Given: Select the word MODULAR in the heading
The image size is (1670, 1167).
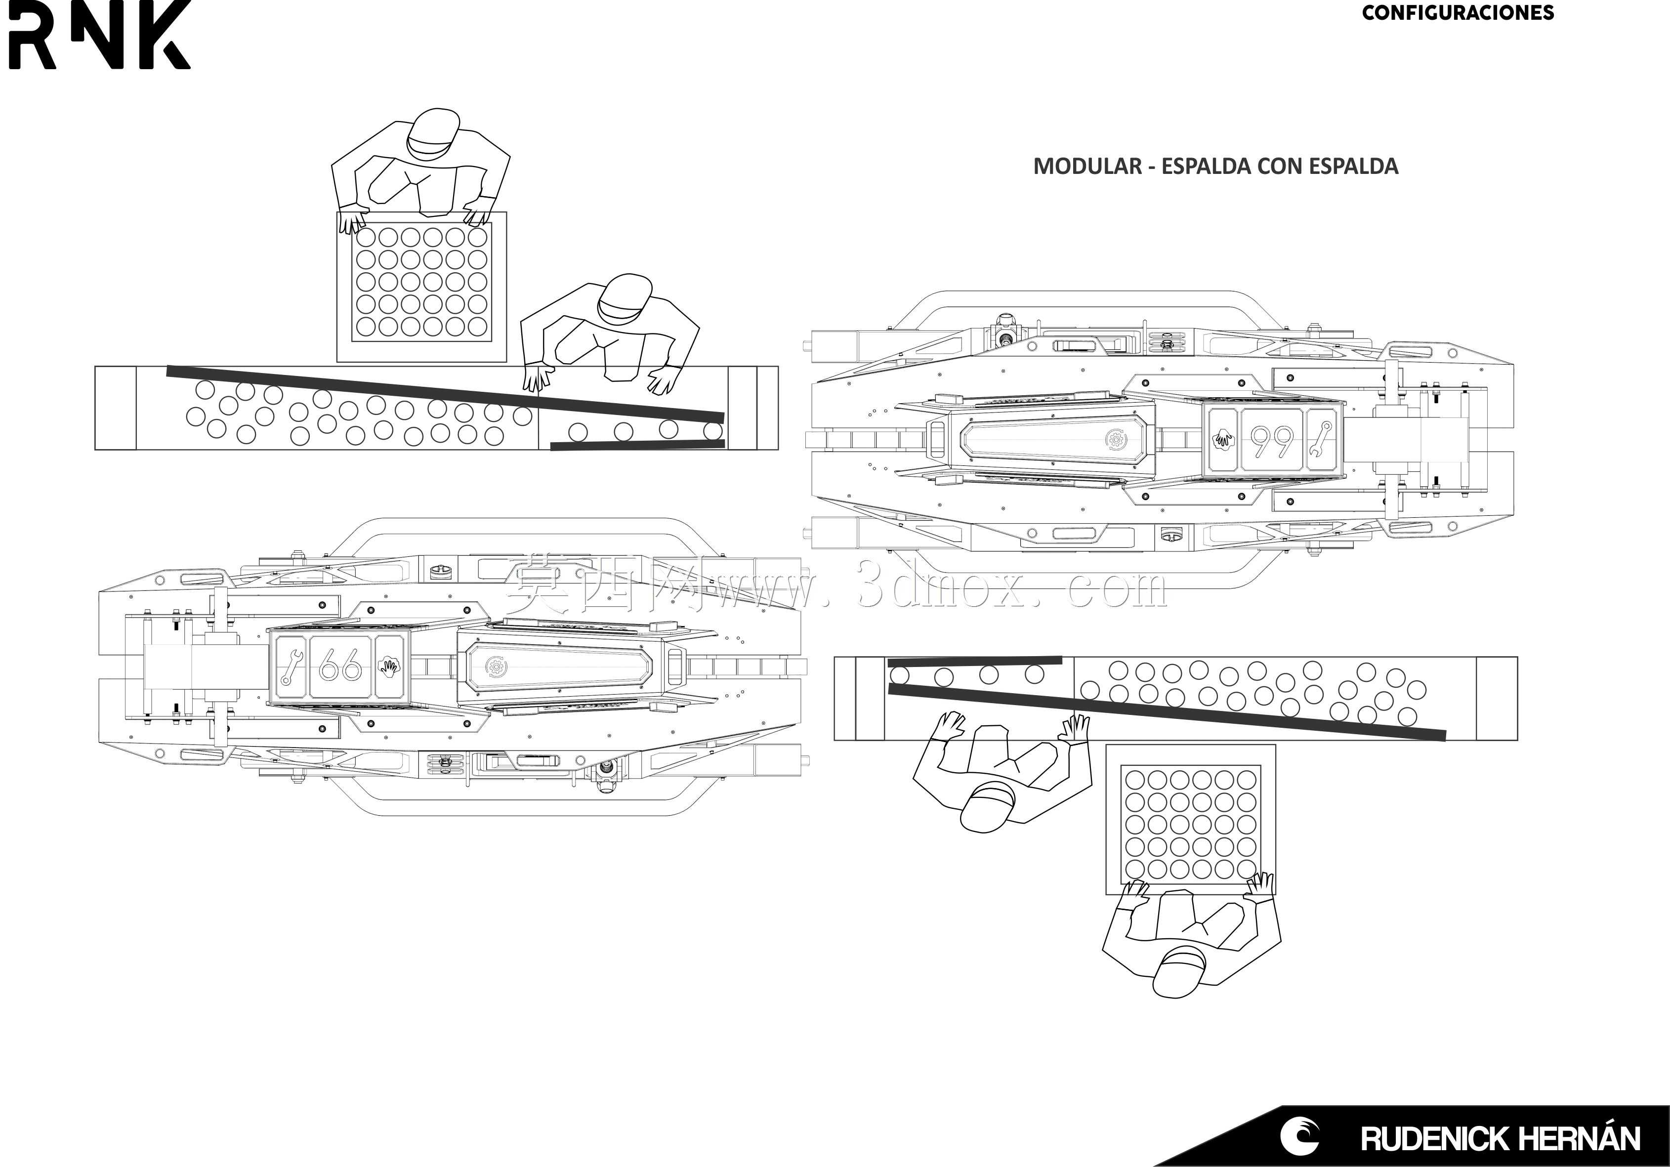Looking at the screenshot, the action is click(x=1087, y=166).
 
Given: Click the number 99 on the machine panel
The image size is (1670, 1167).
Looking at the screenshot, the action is click(x=1272, y=440).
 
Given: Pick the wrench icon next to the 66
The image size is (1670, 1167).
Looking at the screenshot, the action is click(x=291, y=666).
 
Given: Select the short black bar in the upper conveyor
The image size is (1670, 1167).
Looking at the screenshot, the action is click(x=637, y=445).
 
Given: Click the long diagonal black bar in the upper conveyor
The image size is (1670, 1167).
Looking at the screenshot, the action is click(x=445, y=394).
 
